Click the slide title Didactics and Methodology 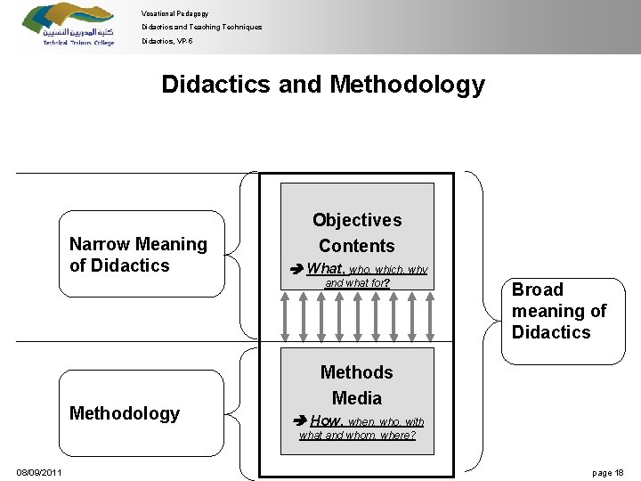[323, 85]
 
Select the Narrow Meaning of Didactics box [142, 254]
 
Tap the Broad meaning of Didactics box [563, 311]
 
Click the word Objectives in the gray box [357, 220]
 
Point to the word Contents [357, 246]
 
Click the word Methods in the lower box [357, 372]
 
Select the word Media [357, 398]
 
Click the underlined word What [326, 269]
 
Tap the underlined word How [326, 420]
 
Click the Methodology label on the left [125, 413]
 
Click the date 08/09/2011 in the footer [39, 472]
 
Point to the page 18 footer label [607, 472]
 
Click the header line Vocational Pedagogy [174, 13]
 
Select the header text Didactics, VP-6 [166, 41]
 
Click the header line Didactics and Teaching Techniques [202, 27]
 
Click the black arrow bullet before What [298, 270]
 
